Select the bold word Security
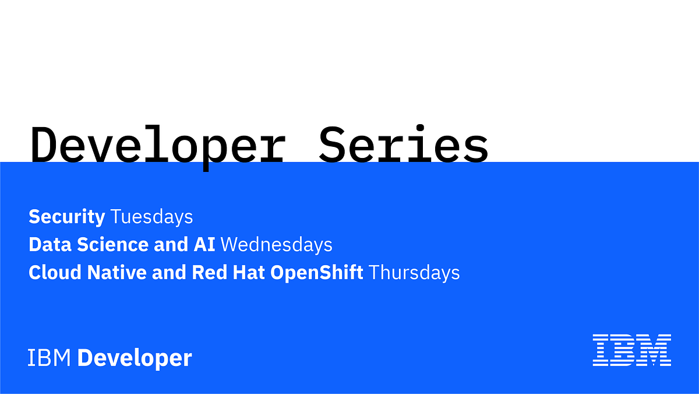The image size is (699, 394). coord(66,217)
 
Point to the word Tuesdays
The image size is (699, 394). coord(151,217)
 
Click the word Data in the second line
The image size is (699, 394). coord(46,245)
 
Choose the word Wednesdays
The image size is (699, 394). coord(277,245)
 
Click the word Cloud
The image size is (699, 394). coord(55,272)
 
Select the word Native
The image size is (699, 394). coord(117,272)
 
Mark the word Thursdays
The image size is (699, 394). coord(415,272)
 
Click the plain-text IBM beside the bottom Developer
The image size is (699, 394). coord(50,358)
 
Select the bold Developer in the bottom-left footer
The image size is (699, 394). coord(135,358)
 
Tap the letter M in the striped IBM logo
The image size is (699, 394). coord(655,350)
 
